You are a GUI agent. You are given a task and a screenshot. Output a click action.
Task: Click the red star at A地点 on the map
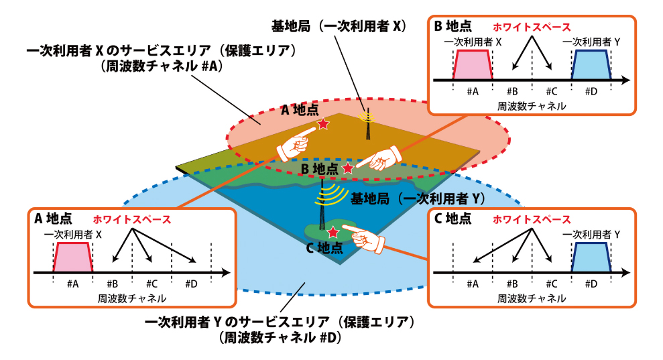tap(324, 124)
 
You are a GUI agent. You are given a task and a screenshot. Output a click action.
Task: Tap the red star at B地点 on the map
tap(347, 168)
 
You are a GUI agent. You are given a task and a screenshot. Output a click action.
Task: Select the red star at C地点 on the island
tap(334, 232)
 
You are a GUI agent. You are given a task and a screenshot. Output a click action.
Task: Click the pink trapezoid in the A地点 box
tap(72, 257)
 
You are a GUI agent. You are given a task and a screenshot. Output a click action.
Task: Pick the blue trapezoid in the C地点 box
tap(591, 257)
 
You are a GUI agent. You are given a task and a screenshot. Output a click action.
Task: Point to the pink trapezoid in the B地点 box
tap(473, 64)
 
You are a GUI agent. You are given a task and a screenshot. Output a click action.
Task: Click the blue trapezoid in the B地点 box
tap(591, 64)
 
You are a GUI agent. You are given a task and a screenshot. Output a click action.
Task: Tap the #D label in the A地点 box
tap(191, 284)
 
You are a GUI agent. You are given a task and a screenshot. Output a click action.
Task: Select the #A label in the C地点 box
tap(473, 284)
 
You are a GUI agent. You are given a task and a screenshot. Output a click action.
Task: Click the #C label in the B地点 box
tap(551, 91)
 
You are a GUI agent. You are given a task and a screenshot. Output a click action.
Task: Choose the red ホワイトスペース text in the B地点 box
tap(532, 27)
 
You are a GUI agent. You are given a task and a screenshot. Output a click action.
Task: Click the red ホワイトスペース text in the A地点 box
tap(132, 220)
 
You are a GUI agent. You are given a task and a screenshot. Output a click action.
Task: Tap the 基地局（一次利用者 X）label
tap(339, 27)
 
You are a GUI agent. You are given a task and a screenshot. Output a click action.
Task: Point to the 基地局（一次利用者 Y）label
tap(418, 198)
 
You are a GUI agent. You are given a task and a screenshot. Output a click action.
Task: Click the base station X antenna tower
tap(368, 125)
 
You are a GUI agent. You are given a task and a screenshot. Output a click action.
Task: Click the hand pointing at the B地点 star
tap(379, 159)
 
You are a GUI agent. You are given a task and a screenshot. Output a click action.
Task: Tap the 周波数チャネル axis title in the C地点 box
tap(532, 299)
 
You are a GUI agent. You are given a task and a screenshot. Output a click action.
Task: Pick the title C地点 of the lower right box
tap(453, 219)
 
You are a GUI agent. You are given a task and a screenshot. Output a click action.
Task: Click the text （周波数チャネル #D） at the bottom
tap(280, 338)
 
